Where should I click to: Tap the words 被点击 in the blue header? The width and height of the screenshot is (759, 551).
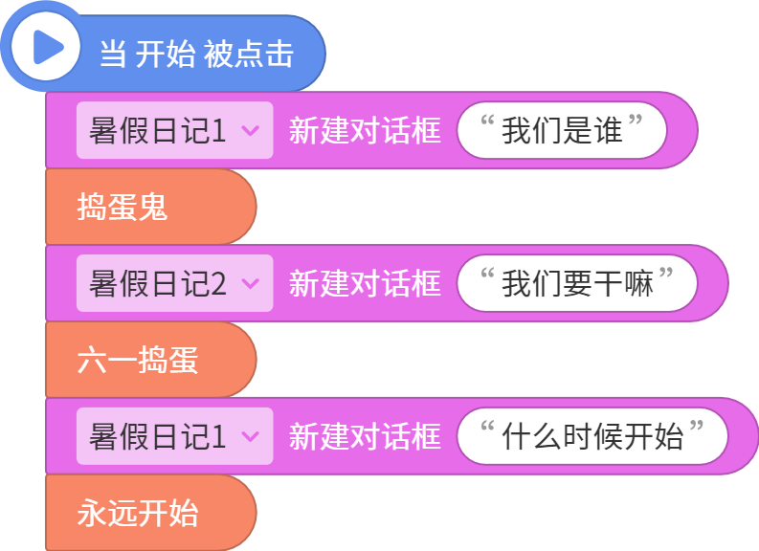248,54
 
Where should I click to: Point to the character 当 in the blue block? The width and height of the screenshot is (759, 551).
113,54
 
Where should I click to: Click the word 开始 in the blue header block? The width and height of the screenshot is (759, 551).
165,54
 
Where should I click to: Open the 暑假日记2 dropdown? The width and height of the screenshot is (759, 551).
175,283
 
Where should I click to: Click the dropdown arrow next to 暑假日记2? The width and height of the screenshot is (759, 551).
250,283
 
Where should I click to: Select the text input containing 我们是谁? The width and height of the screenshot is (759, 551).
562,130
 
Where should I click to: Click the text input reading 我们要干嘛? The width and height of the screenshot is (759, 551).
577,283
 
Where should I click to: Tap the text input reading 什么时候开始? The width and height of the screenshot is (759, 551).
592,436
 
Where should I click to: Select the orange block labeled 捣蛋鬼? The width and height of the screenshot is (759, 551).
150,207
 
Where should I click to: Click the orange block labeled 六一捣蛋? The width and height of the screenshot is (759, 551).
150,360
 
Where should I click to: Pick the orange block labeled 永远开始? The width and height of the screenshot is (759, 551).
150,513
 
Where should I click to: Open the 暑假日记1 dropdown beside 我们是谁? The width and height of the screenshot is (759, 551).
175,130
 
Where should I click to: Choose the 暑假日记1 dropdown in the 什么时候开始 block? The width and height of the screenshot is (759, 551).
175,436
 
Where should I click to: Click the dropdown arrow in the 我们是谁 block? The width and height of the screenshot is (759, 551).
250,130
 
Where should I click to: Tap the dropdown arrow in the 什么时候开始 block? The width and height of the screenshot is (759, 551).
250,436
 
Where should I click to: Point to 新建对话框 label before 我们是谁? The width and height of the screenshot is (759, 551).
365,130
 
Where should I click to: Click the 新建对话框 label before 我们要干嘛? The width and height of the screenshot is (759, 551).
365,283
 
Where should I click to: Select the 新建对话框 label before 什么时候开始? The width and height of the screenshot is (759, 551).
365,436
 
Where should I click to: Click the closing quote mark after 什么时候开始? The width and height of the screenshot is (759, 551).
697,427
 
